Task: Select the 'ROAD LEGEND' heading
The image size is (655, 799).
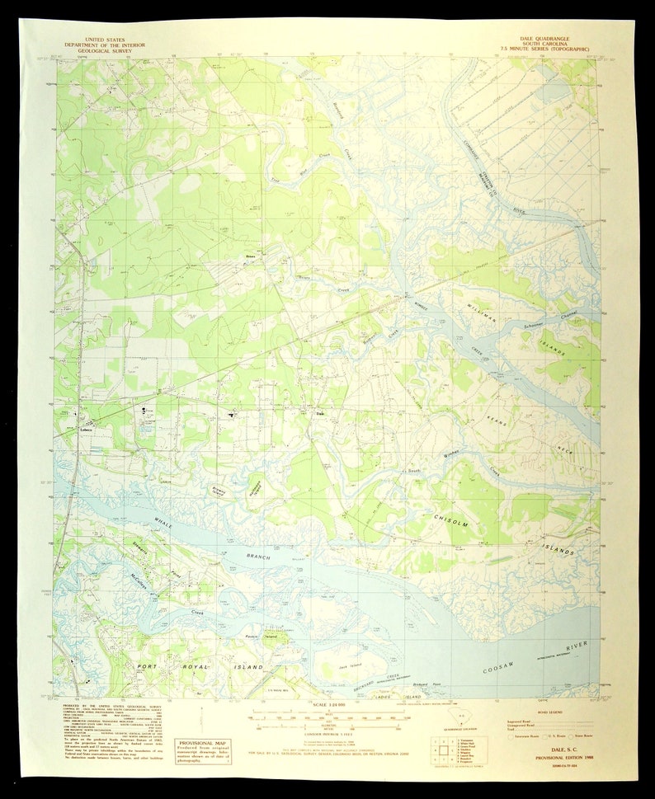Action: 549,710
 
